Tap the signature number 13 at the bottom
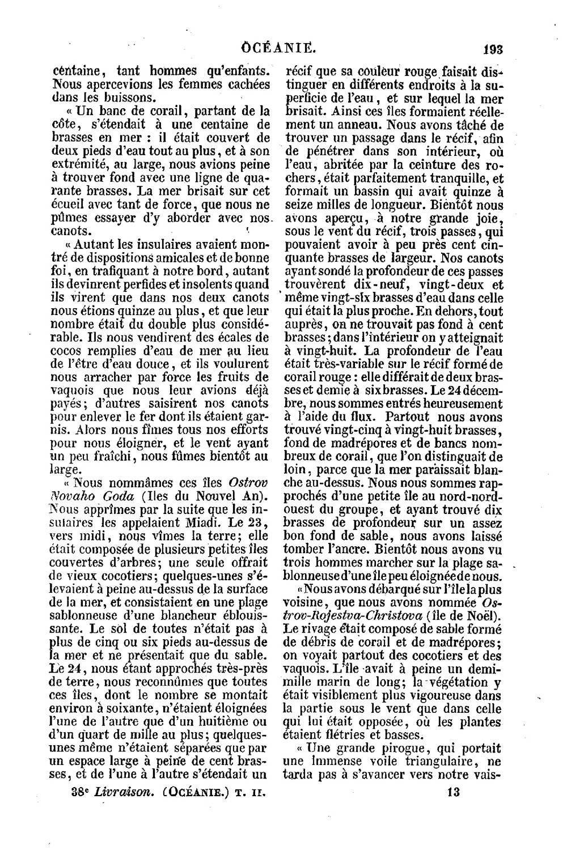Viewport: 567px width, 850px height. (x=453, y=792)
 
